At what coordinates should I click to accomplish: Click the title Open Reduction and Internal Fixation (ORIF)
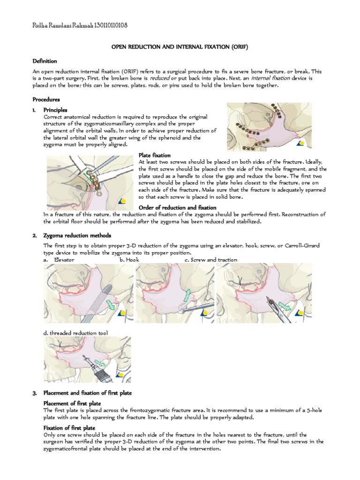click(x=179, y=47)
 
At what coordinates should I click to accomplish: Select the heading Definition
click(x=45, y=61)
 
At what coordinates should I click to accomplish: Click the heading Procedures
click(x=46, y=99)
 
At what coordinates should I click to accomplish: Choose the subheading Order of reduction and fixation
click(x=178, y=207)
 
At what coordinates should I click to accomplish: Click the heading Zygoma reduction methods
click(x=77, y=235)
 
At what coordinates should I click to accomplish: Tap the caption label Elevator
click(x=64, y=260)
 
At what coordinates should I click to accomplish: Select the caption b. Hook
click(x=128, y=260)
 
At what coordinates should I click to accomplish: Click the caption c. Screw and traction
click(x=210, y=260)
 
